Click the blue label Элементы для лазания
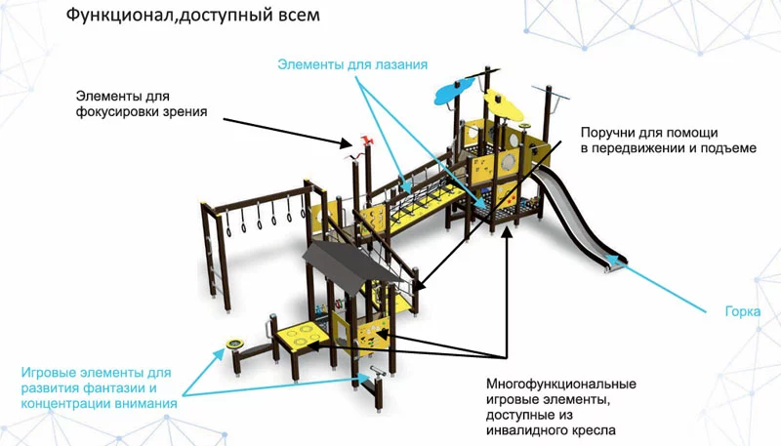pyautogui.click(x=352, y=64)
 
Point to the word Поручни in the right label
pyautogui.click(x=607, y=132)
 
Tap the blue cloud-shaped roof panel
pyautogui.click(x=452, y=92)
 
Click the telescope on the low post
pyautogui.click(x=375, y=372)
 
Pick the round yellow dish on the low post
pyautogui.click(x=234, y=343)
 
